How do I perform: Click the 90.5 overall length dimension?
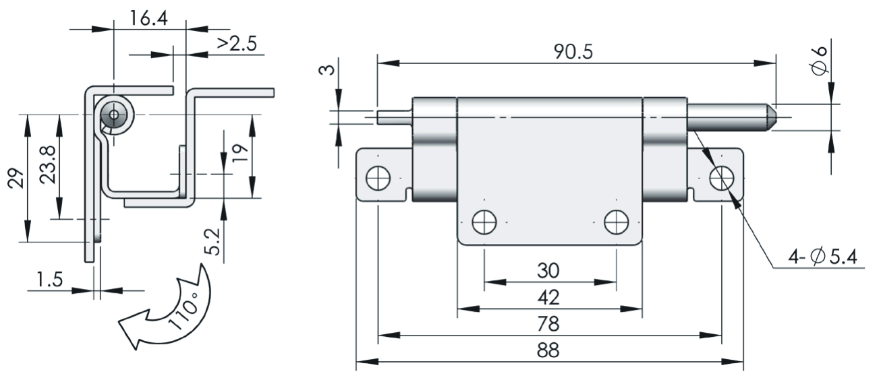point(573,53)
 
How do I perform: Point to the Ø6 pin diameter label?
point(819,60)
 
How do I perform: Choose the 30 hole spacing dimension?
point(548,270)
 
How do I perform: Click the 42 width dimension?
point(548,297)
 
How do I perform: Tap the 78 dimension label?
point(548,324)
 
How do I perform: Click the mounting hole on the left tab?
point(378,179)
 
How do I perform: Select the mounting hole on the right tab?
point(722,178)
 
